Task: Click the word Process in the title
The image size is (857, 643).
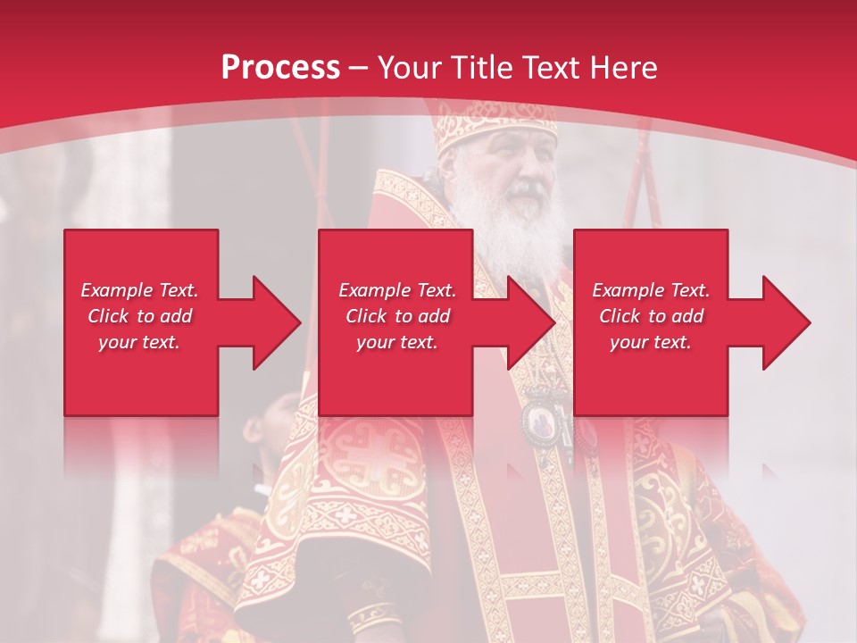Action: point(280,68)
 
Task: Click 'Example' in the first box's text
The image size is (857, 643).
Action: point(116,290)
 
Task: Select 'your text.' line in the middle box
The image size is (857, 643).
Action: point(396,342)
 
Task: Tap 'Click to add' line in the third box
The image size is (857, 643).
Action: point(651,316)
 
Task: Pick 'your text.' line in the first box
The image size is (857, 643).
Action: point(139,342)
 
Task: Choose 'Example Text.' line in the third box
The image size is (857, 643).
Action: point(651,290)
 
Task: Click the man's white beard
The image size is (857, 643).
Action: point(513,228)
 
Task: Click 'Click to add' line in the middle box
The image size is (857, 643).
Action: point(396,316)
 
